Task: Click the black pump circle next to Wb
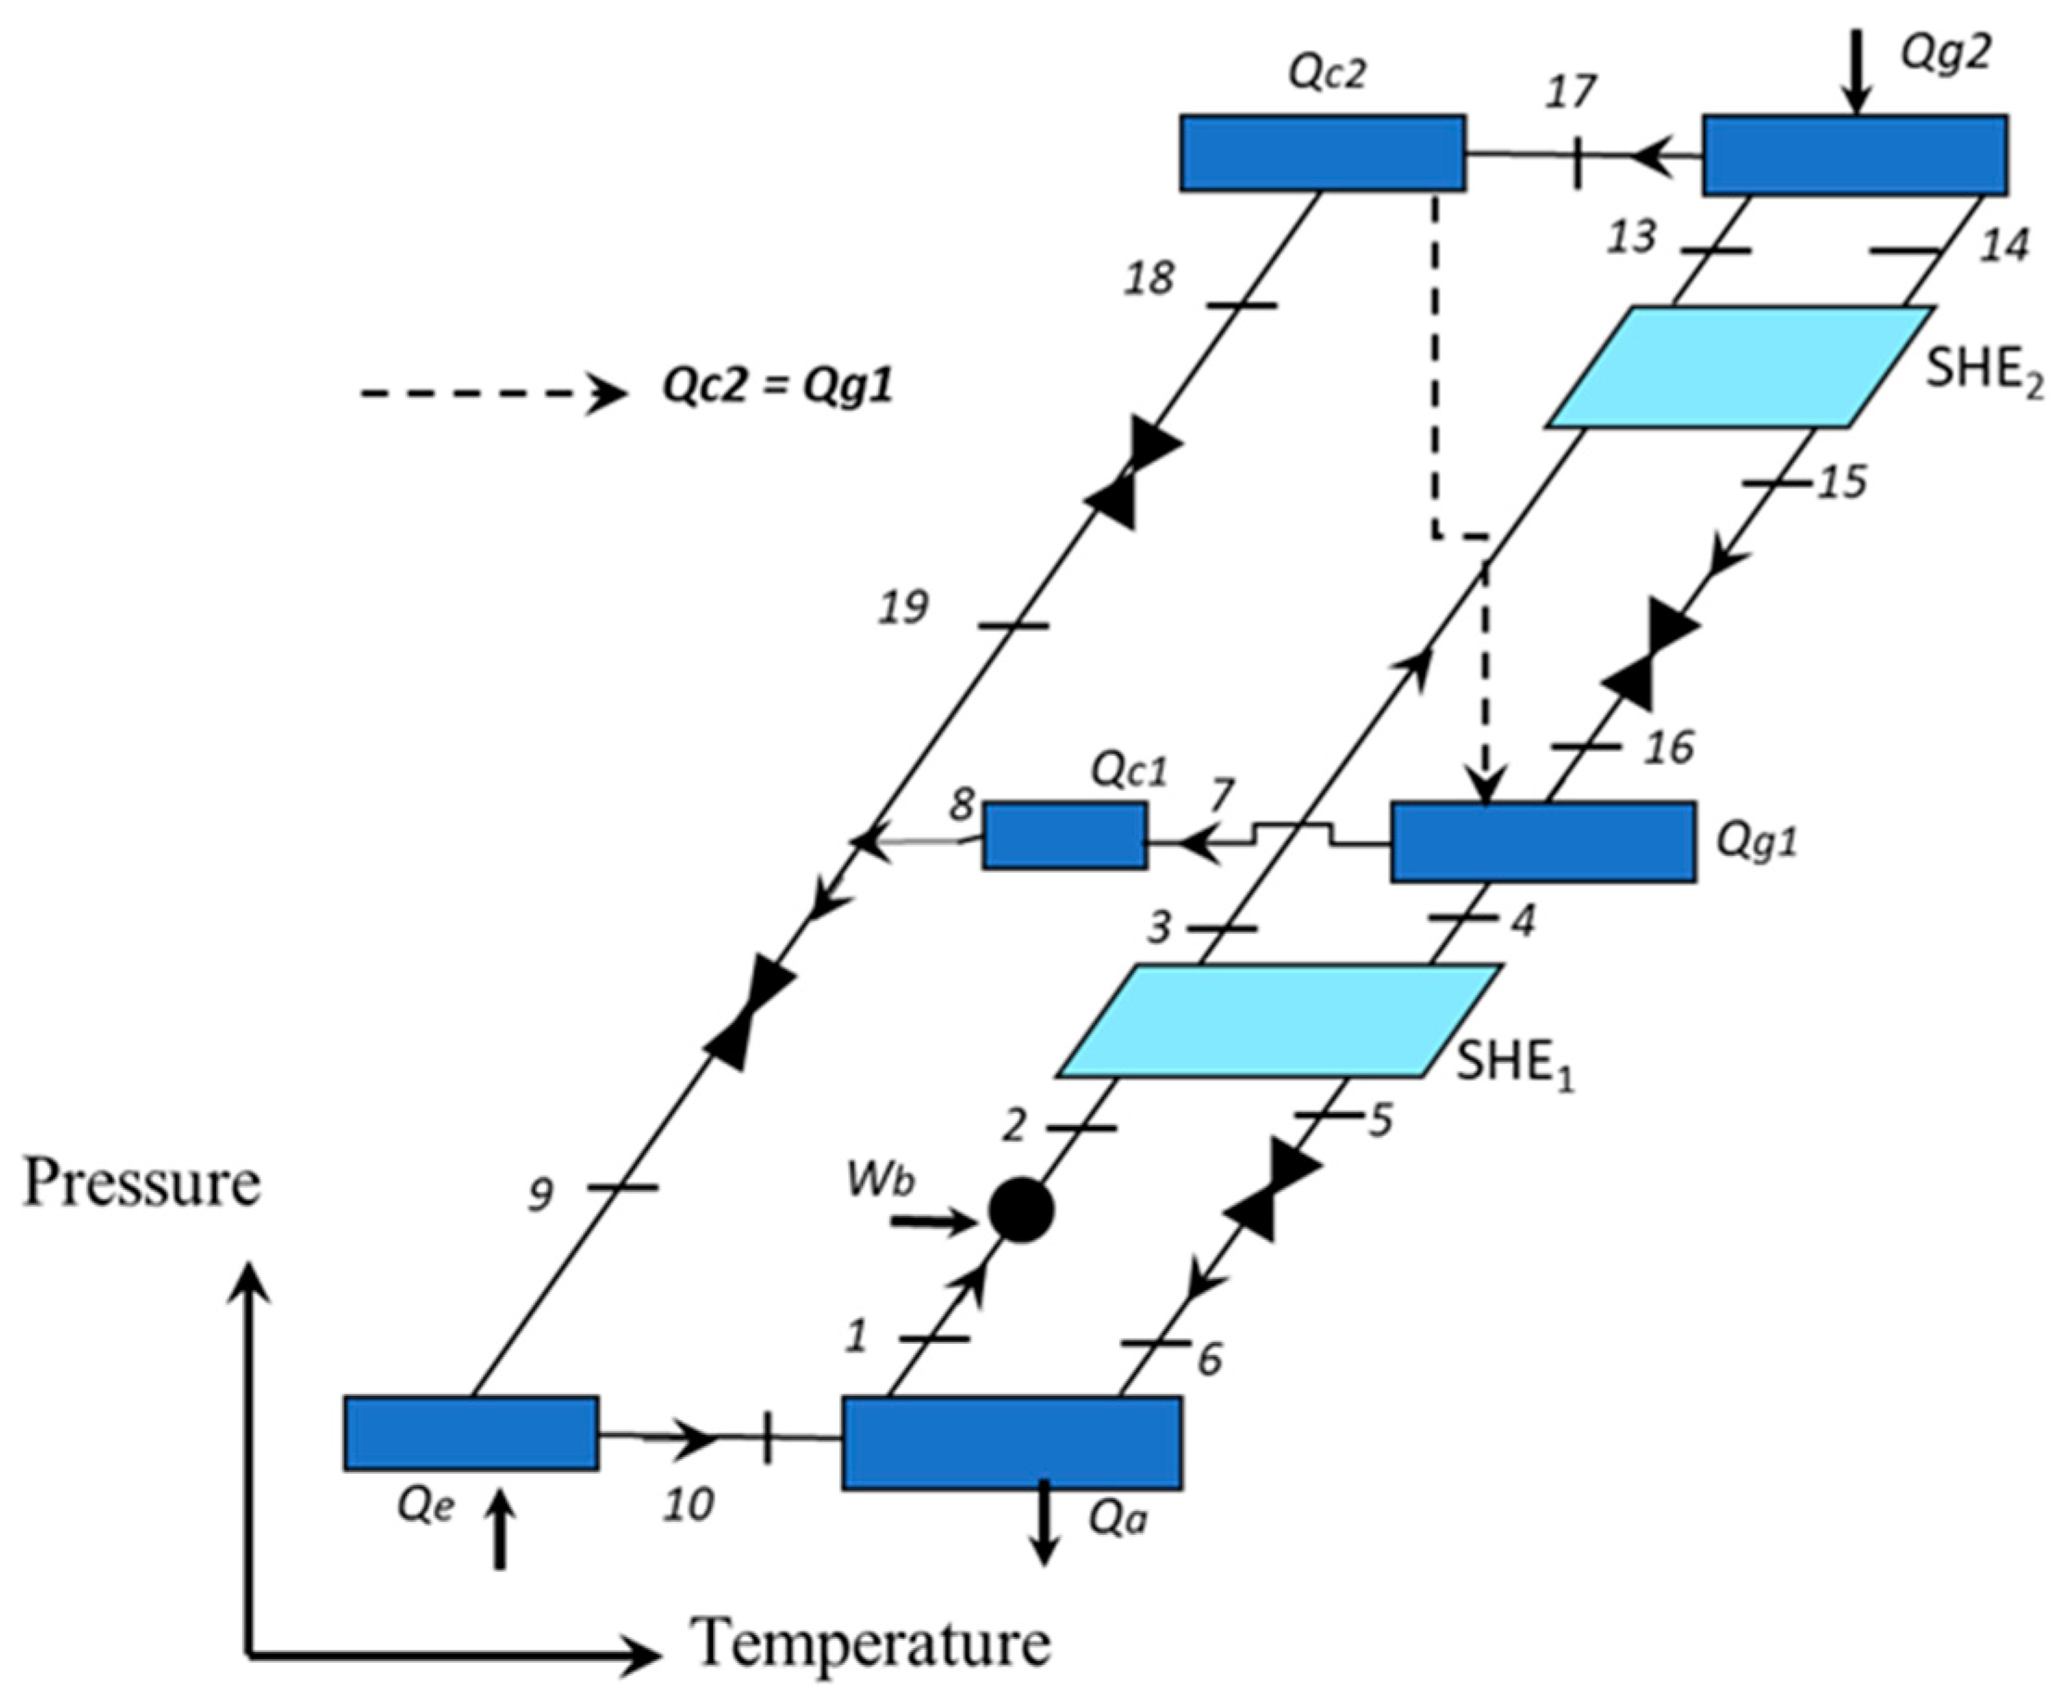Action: [x=1021, y=1210]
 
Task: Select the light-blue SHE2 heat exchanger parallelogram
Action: [x=1738, y=367]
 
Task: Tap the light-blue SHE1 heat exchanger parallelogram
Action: [x=1278, y=1021]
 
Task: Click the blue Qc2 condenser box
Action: [x=1321, y=153]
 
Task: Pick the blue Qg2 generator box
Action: [x=1854, y=155]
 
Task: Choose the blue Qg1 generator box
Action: [x=1543, y=841]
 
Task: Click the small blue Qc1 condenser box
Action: [x=1065, y=835]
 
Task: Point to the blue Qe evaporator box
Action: [x=471, y=1433]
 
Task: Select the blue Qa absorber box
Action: [x=1011, y=1442]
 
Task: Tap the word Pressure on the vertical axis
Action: [x=142, y=1183]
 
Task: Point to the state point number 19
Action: [x=902, y=607]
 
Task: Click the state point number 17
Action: [x=1571, y=93]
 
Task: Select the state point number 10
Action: [x=688, y=1504]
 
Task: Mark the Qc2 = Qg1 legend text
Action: [x=778, y=388]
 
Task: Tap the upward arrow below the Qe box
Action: [x=501, y=1535]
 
